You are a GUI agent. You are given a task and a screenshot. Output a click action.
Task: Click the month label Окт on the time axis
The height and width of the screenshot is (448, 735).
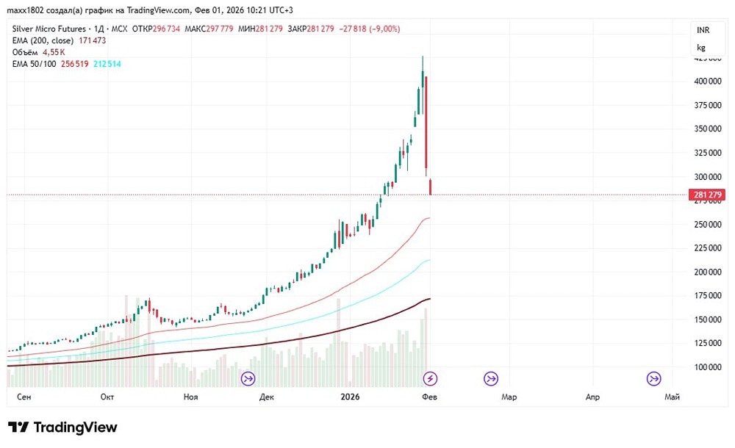pos(107,397)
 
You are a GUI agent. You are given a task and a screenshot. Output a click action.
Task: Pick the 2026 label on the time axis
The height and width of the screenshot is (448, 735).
pos(350,397)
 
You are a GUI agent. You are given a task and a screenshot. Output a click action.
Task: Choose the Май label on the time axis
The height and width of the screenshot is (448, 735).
pos(672,397)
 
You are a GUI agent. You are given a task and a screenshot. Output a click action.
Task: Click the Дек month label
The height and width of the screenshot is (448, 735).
pos(267,397)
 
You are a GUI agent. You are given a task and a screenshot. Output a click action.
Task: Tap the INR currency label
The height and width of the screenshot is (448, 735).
pos(702,29)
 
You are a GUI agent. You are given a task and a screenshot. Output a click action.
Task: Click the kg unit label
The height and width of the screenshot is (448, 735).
pos(701,48)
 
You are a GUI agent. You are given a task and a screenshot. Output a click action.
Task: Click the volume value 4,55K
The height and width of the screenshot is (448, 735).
pos(53,52)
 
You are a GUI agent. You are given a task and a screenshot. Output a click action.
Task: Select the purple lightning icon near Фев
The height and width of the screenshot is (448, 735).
pos(431,378)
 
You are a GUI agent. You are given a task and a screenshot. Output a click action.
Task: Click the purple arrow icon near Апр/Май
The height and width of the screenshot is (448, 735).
pos(653,378)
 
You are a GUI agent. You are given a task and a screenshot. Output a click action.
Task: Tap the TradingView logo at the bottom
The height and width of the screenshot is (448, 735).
pos(62,427)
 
